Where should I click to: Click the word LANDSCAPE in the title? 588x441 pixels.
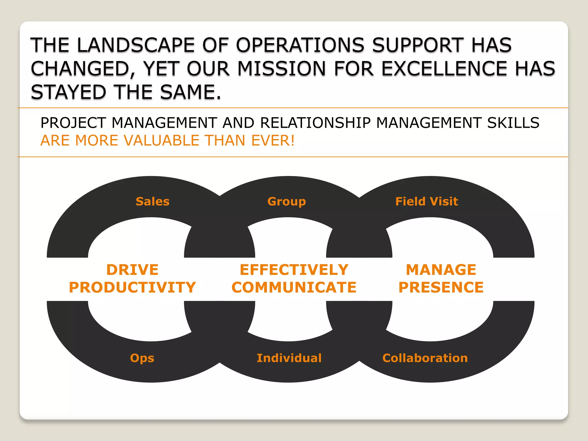point(136,45)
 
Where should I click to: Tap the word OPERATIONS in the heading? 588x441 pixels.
point(300,45)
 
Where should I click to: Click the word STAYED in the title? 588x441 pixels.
point(68,92)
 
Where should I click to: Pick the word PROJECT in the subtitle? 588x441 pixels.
point(73,123)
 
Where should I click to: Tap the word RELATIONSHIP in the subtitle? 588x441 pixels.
point(316,123)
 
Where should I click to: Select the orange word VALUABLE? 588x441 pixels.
point(161,141)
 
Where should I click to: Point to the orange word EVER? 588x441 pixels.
point(273,141)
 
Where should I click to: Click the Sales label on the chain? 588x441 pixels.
point(152,202)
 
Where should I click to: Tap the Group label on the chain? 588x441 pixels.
point(287,202)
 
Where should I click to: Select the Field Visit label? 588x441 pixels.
point(427,202)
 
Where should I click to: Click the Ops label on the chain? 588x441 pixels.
point(142,358)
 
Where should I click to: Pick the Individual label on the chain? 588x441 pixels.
point(289,358)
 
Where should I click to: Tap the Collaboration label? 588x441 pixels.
point(425,358)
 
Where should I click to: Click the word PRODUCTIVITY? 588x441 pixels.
point(132,287)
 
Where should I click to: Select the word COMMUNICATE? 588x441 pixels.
point(294,287)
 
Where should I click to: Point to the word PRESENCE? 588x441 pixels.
point(441,287)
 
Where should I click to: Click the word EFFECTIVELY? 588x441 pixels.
point(294,270)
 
